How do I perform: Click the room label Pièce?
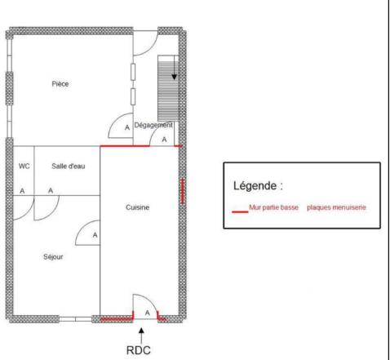tap(60, 83)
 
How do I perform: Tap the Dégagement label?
tap(153, 125)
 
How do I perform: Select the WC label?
tap(24, 166)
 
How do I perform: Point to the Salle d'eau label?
tap(69, 166)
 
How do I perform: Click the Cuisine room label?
tap(137, 207)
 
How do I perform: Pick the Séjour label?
tap(53, 256)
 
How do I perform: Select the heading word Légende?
tap(258, 185)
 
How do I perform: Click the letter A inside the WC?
tap(23, 190)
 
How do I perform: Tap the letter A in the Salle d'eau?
tap(51, 190)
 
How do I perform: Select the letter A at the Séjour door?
tap(95, 235)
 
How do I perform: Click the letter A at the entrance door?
tap(146, 313)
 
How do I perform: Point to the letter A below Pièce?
tap(126, 128)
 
